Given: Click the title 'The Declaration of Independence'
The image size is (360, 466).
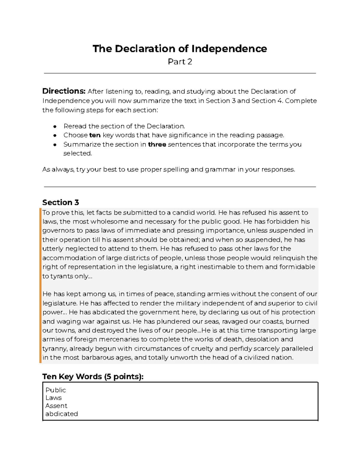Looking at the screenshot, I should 180,49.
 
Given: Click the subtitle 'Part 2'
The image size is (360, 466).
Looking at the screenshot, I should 180,62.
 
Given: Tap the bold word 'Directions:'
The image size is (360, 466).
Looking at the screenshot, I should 64,91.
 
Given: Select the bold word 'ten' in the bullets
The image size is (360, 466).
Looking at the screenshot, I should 95,135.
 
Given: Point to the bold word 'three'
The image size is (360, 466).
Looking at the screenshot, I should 157,144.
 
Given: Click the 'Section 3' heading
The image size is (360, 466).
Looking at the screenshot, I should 61,202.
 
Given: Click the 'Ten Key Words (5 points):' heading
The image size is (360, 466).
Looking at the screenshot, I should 93,377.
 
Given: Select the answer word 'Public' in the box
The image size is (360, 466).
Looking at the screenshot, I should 55,390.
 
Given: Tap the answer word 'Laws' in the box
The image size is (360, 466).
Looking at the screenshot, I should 53,398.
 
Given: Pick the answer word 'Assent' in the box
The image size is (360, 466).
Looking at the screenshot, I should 56,406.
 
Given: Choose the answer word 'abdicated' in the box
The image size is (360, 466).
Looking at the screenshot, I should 61,414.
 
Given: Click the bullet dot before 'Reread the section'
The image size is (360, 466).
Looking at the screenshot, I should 55,126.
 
